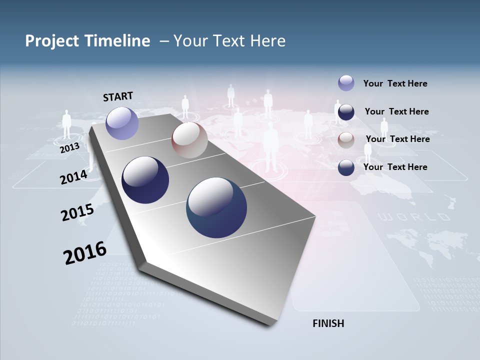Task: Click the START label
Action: pos(118,96)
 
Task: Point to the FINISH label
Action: pos(328,323)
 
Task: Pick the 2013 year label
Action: pos(69,148)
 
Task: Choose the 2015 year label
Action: pos(77,213)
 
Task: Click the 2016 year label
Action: pos(84,253)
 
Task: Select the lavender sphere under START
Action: pos(122,123)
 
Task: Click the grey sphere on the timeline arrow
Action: pos(189,140)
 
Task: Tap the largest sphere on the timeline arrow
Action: pos(216,207)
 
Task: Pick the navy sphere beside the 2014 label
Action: pos(145,180)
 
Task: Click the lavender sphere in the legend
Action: pos(346,83)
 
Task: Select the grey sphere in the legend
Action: pos(346,140)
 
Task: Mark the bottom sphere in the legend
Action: pos(346,168)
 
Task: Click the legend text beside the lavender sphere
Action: pos(395,84)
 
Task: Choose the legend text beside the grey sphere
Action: pos(397,139)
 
